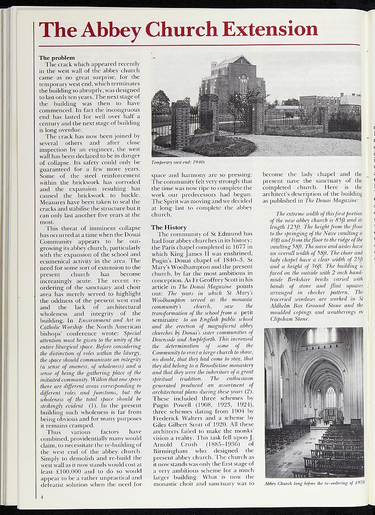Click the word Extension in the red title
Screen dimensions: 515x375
coord(270,29)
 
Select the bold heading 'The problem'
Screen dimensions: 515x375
coord(57,58)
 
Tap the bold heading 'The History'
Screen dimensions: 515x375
coord(169,227)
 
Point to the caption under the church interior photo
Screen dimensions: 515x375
coord(314,483)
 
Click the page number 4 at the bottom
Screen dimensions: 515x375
coord(42,497)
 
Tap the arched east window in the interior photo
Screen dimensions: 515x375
coord(331,397)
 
